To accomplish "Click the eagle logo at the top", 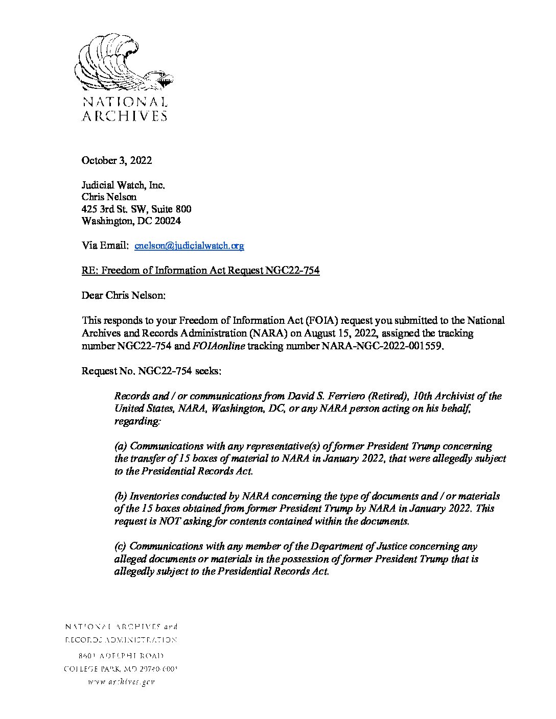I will point(124,63).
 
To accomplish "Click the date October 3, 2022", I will point(117,160).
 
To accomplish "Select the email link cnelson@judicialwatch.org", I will point(189,246).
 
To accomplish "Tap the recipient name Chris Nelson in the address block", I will point(109,197).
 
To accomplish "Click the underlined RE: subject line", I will point(200,271).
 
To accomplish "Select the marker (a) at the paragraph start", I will point(121,446).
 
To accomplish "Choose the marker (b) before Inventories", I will point(121,496).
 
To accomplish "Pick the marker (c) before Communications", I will point(121,546).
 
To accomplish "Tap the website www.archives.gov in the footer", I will point(121,682).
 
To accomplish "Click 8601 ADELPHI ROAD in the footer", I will point(121,655).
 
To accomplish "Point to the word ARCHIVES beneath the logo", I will point(125,116).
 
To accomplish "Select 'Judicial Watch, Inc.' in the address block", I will point(123,185).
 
